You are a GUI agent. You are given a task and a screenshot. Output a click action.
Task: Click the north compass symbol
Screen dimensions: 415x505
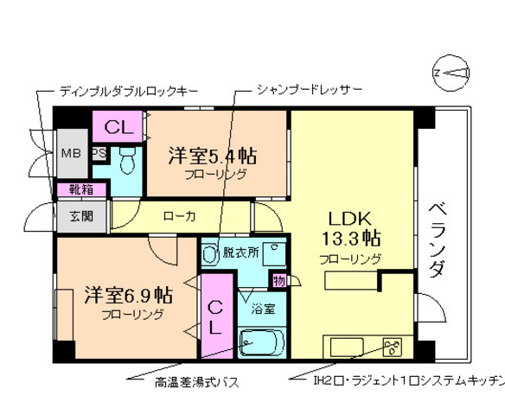point(451,72)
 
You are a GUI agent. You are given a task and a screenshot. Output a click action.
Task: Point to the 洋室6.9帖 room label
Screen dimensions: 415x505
point(128,296)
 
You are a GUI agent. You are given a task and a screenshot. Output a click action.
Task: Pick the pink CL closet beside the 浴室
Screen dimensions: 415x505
point(215,316)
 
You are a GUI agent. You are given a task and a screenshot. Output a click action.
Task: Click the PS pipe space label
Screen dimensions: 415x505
point(99,154)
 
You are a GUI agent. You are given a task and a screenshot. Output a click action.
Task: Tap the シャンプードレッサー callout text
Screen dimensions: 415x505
point(309,90)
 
